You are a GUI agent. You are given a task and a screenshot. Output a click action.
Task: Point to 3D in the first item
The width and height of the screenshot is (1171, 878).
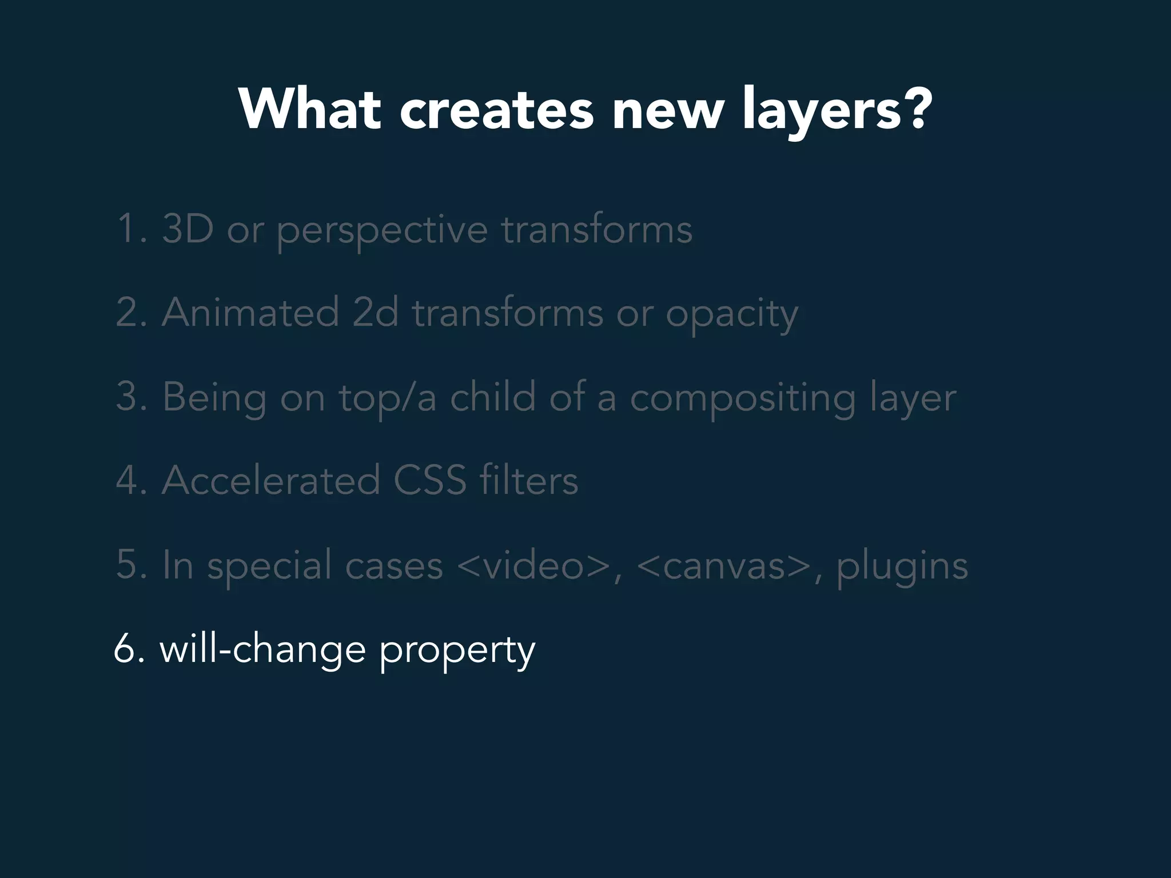click(x=188, y=229)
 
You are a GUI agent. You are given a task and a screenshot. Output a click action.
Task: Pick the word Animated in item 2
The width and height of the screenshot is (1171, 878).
click(x=250, y=313)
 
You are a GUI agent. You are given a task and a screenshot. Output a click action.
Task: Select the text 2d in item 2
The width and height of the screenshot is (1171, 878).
click(x=375, y=313)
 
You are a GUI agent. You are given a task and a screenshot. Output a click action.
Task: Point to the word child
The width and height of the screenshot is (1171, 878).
click(x=493, y=397)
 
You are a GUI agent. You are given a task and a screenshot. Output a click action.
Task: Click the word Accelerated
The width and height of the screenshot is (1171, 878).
click(x=271, y=480)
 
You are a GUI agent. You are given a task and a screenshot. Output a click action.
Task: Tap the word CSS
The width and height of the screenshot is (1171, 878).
click(x=429, y=480)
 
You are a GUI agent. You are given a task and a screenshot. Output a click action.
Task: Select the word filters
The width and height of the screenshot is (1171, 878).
click(x=529, y=480)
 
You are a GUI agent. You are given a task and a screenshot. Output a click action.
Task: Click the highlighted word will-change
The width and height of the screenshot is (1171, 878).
click(x=262, y=650)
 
